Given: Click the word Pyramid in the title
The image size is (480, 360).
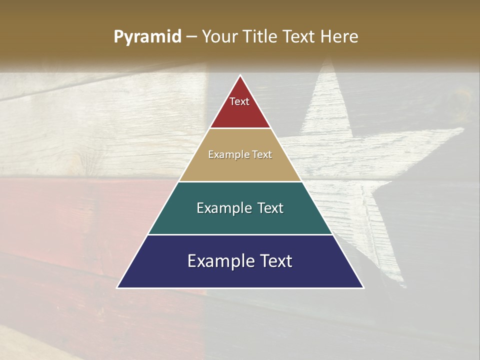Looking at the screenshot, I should tap(147, 37).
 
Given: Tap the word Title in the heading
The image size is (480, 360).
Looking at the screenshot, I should tap(262, 37).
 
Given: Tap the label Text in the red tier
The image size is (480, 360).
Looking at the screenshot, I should tap(239, 102).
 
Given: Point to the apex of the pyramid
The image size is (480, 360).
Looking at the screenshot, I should tap(240, 76).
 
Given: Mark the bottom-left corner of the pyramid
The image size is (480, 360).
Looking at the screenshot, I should tap(118, 287).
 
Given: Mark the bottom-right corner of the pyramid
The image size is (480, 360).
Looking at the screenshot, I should tap(363, 287).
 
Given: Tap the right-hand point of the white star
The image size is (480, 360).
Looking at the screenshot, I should tap(463, 129).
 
